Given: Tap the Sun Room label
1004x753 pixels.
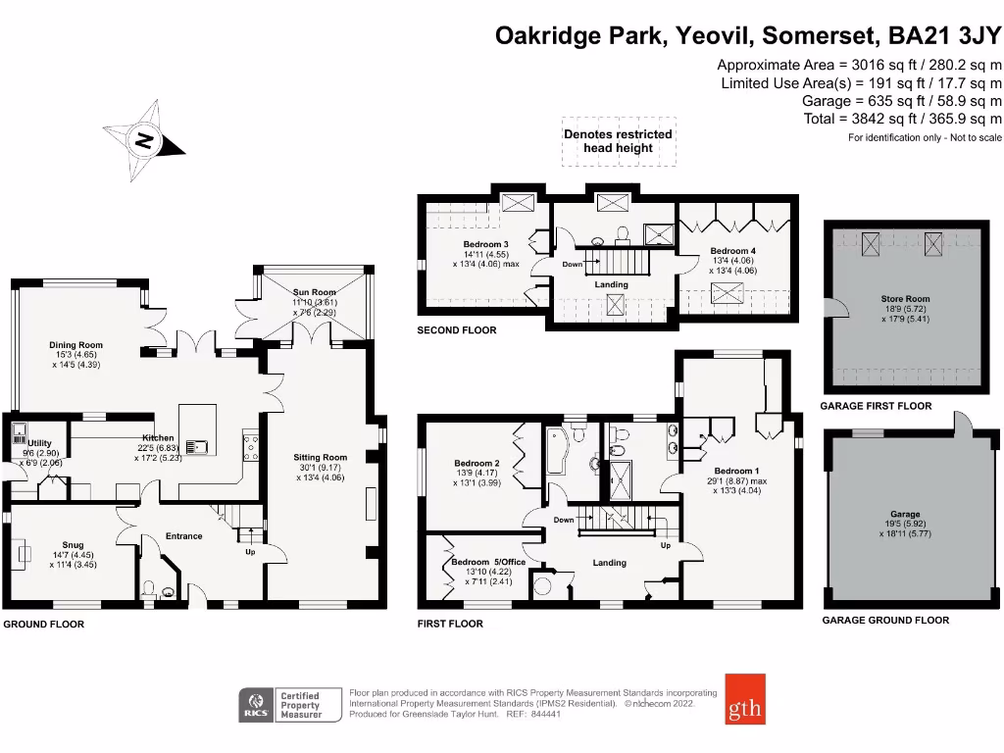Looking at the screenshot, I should (315, 292).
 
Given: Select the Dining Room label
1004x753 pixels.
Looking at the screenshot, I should (76, 345).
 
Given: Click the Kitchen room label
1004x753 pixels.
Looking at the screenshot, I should (158, 438).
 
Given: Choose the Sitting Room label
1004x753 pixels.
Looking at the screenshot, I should (321, 457).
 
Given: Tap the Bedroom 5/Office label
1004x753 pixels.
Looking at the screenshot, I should (488, 562).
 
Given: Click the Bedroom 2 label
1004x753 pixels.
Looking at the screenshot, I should (477, 464).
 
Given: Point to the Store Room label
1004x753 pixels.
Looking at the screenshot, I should (905, 299).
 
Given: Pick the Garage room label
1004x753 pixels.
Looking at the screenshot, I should (905, 514).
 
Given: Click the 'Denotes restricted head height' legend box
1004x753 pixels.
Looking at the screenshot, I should (618, 140).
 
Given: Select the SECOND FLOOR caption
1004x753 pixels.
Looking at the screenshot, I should (457, 331).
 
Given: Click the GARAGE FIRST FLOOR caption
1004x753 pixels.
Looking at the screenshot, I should (876, 405).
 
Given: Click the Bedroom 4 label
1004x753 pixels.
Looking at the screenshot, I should (733, 251).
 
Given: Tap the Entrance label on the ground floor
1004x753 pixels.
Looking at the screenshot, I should (183, 536).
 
